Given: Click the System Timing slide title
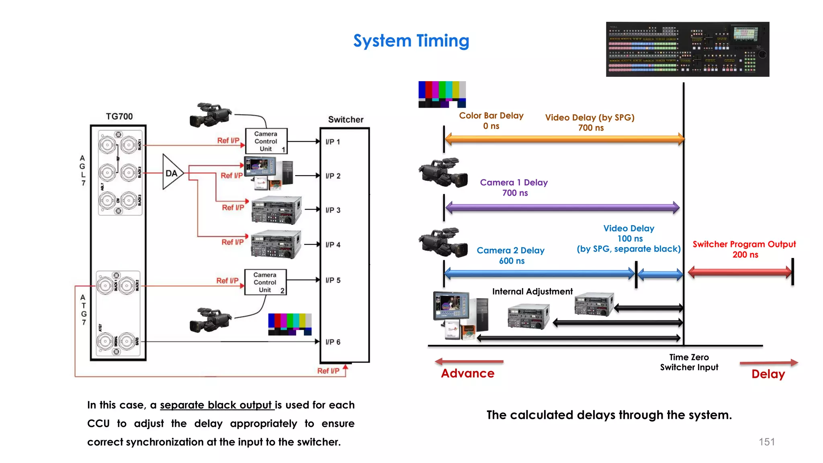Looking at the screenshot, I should (411, 41).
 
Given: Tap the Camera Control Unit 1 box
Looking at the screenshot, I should (266, 141).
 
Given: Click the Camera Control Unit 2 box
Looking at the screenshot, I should (265, 282).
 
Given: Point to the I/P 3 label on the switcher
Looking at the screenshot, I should (333, 210).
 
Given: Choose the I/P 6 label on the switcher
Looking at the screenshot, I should (333, 342).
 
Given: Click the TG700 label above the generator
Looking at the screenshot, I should (119, 117).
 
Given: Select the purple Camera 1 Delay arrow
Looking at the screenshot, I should (562, 208).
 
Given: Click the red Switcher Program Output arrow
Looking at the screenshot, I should (740, 272).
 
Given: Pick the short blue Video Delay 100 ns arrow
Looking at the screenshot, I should (660, 275).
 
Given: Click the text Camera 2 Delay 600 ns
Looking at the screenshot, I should (511, 256).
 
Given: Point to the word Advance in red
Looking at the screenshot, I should (468, 373).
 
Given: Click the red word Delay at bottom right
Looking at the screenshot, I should (768, 374).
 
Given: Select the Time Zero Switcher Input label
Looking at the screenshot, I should (689, 362).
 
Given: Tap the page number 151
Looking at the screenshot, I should (766, 442).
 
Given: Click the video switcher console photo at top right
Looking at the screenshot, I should (687, 49).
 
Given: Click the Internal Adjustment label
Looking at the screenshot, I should (532, 291).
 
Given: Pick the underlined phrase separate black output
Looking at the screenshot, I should (217, 405).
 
